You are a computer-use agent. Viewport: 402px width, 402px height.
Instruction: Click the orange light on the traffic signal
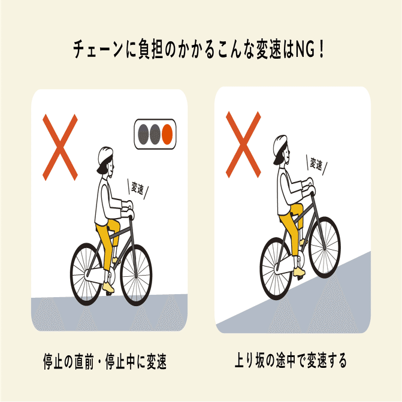168,132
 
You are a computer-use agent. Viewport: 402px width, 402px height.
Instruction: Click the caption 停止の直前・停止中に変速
104,362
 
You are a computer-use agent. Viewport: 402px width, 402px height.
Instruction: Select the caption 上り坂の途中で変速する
291,361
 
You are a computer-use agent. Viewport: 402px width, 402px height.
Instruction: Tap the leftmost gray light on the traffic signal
143,132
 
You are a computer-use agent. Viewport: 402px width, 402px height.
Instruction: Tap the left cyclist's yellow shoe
108,288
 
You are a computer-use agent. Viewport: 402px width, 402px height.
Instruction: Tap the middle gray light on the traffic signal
156,132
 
